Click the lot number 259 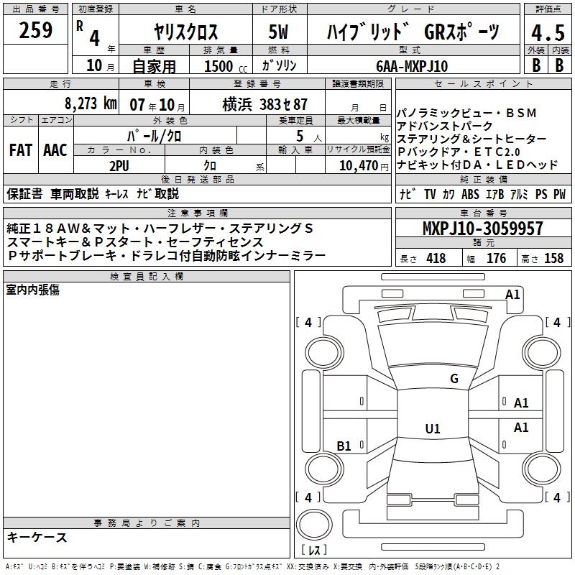(x=35, y=30)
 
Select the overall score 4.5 (x=548, y=32)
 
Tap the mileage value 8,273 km (x=91, y=103)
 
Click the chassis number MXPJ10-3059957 (x=483, y=228)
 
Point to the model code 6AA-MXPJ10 (x=412, y=66)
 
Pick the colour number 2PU (x=119, y=166)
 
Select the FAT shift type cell (x=21, y=149)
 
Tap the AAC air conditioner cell (x=55, y=149)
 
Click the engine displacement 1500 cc (x=225, y=66)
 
